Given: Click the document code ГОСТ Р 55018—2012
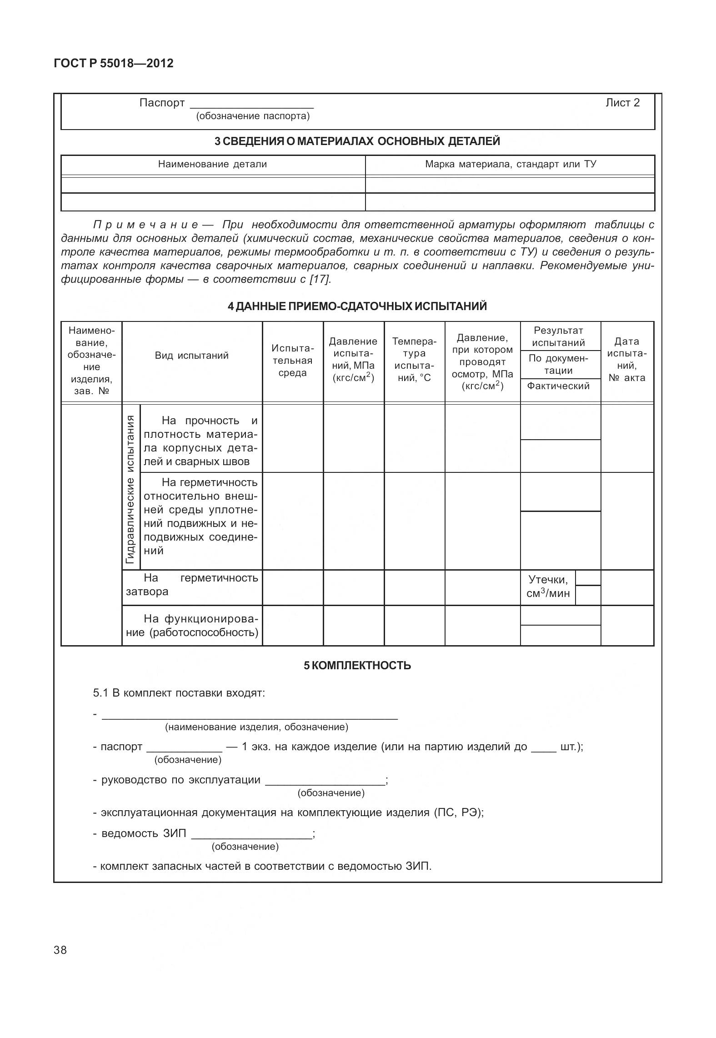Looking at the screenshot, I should (x=113, y=63).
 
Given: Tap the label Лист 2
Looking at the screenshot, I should (x=622, y=103).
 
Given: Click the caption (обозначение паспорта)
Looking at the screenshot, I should (x=252, y=116).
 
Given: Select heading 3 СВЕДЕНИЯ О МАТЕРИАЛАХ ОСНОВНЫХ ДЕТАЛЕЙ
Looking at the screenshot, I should (x=357, y=141).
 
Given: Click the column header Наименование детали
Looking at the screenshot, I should (x=212, y=164).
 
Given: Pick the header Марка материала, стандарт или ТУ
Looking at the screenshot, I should (x=510, y=164).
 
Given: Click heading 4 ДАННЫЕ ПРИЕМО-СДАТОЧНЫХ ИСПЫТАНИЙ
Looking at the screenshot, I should (x=357, y=306).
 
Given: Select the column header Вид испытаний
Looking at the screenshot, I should (x=191, y=356).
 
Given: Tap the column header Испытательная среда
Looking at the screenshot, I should (x=292, y=361).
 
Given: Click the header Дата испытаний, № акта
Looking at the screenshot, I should (x=627, y=359).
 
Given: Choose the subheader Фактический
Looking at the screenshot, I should (x=558, y=386).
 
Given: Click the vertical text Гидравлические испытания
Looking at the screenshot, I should (x=131, y=489).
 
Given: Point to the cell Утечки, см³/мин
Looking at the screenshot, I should (x=548, y=587).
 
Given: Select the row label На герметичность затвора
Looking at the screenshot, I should (x=191, y=585).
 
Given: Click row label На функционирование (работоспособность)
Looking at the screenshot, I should (x=191, y=626).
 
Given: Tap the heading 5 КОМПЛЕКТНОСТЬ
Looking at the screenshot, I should (x=357, y=666).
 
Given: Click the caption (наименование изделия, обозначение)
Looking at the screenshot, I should (x=256, y=727).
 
